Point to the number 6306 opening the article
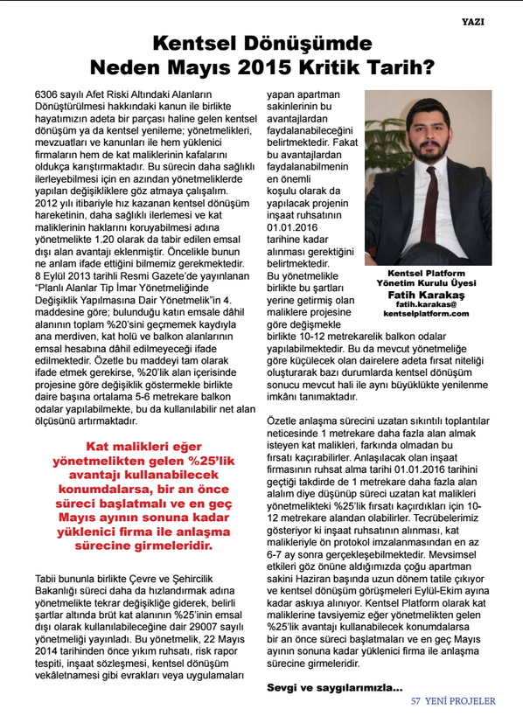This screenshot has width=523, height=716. [x=48, y=93]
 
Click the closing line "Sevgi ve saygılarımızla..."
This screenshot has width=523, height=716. [x=335, y=687]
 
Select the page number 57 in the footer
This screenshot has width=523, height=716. [x=417, y=701]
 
